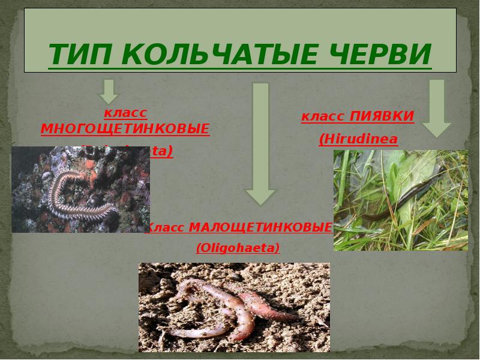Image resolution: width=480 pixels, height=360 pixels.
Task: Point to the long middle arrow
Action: pos(260,144)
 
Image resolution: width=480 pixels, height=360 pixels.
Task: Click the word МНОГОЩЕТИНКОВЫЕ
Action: pos(125,129)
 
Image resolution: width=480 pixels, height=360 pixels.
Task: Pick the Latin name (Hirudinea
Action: pos(358,139)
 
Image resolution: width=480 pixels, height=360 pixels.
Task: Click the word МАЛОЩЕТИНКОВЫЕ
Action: pos(260,227)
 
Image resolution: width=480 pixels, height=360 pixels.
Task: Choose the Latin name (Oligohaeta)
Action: pos(238,247)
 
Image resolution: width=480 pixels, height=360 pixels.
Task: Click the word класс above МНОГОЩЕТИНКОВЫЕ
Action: pos(125,113)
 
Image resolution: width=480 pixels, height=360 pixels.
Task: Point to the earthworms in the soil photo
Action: pos(234,306)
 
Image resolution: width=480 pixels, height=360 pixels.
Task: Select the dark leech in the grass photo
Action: pos(384,207)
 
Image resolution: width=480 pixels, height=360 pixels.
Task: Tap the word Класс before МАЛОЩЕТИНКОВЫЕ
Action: pos(165,228)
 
